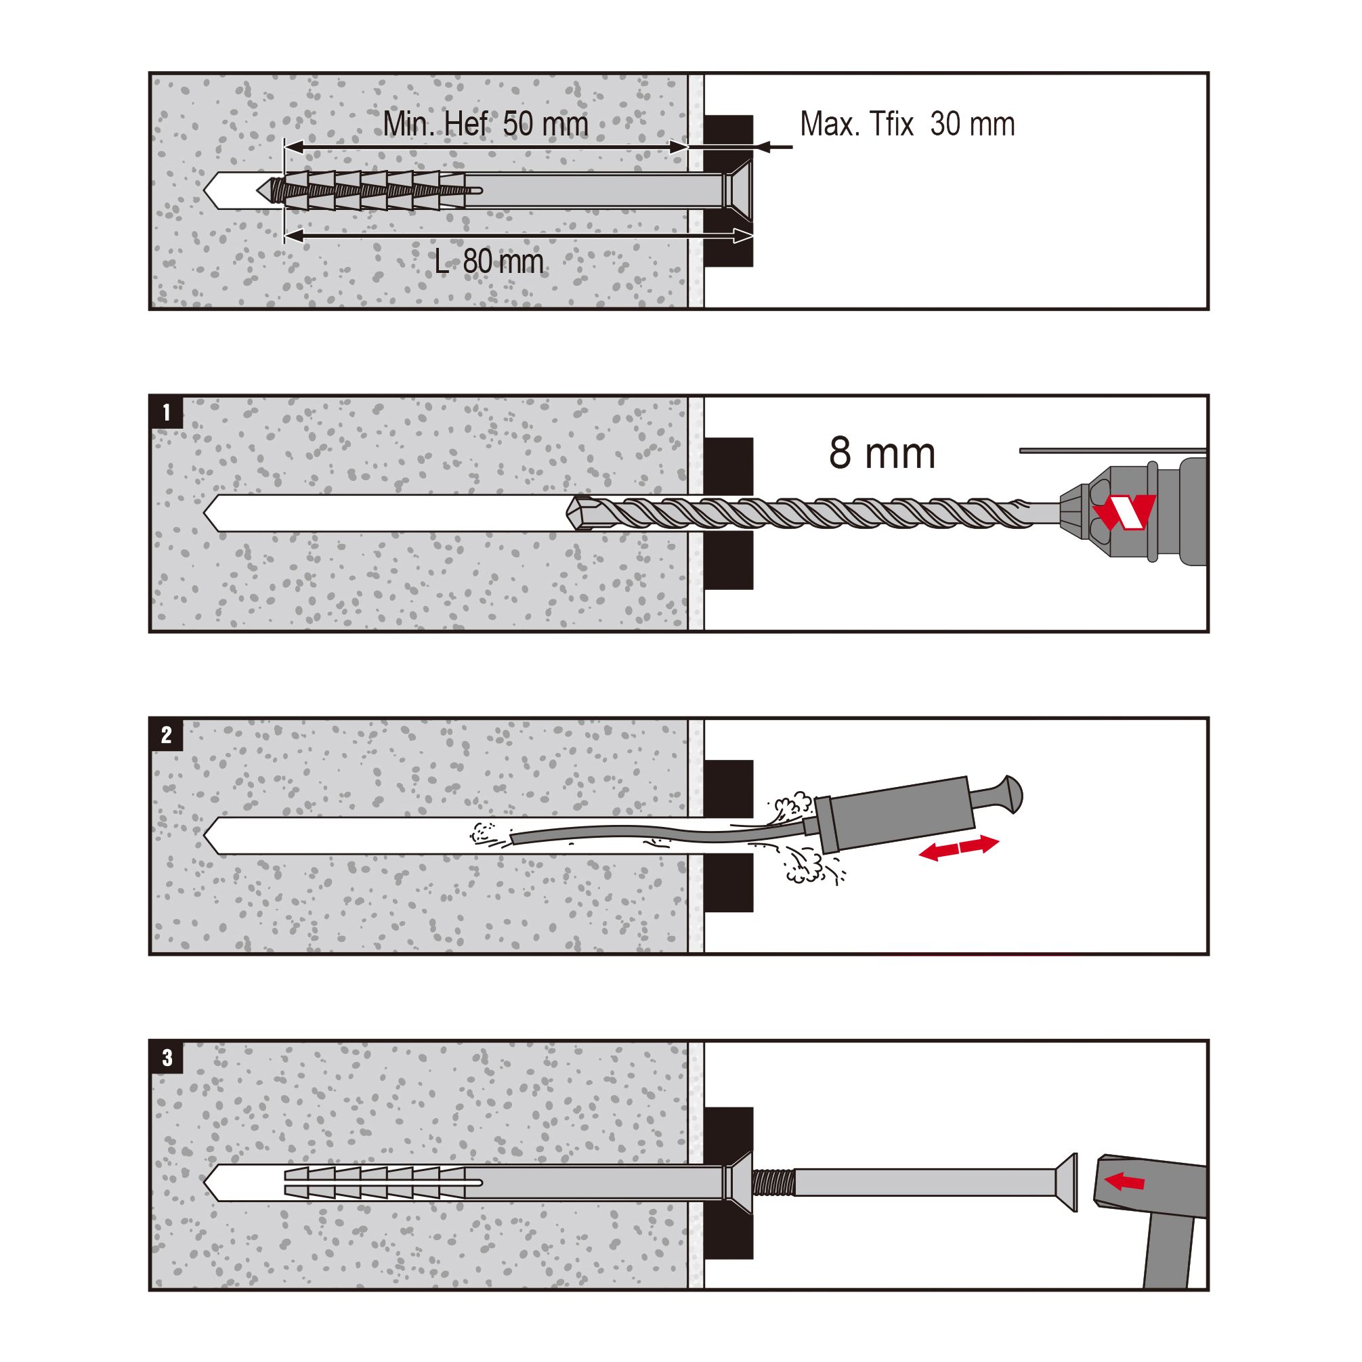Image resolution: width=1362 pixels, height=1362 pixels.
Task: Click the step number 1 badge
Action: (x=167, y=412)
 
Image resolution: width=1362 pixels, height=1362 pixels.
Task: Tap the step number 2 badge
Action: (x=167, y=735)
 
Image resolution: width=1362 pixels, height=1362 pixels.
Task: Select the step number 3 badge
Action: (x=167, y=1057)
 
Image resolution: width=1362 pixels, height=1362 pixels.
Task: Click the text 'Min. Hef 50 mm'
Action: (x=486, y=124)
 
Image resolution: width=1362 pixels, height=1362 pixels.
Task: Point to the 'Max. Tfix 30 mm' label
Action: (x=908, y=124)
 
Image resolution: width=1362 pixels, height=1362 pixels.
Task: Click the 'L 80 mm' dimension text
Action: (x=489, y=262)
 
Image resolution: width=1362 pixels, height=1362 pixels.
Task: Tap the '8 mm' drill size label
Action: (x=882, y=452)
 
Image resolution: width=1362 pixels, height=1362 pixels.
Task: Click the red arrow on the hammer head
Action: (x=1125, y=1180)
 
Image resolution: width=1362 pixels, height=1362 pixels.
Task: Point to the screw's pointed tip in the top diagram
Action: (x=261, y=189)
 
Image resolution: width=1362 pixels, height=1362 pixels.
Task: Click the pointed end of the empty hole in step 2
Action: (x=205, y=836)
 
